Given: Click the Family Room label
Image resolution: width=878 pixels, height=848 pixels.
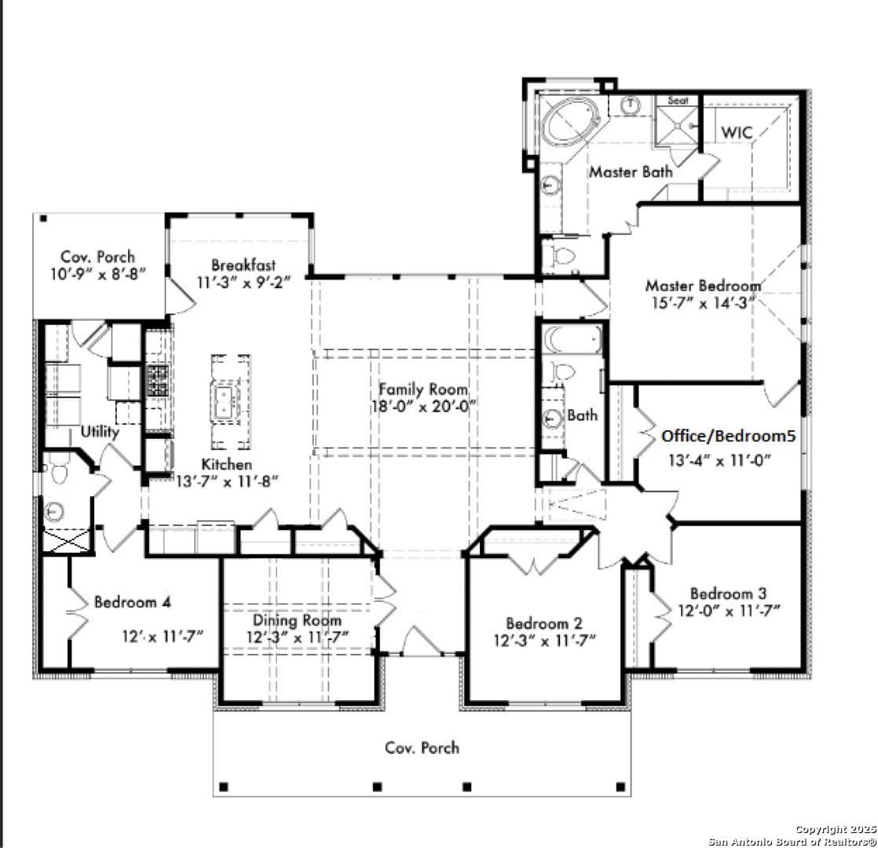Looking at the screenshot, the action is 423,389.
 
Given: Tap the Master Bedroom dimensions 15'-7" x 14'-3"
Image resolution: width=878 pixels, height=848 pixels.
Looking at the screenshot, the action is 704,303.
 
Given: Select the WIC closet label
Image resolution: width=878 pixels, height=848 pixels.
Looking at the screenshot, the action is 737,133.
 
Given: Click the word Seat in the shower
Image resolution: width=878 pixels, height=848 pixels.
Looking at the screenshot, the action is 678,101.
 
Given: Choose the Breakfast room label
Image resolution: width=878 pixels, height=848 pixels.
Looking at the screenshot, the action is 243,265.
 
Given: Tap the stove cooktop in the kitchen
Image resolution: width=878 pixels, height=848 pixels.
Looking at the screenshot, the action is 157,381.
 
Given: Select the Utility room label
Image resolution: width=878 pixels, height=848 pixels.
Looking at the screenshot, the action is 100,432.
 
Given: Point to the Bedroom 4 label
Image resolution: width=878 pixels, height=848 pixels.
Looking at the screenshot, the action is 133,602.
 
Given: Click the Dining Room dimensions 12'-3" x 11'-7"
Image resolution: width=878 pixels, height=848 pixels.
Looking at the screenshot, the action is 298,638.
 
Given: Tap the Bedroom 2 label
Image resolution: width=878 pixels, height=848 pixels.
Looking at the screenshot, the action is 544,623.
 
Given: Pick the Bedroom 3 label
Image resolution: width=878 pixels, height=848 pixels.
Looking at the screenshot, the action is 729,594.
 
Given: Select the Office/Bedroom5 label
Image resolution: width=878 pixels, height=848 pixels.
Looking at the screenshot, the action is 729,436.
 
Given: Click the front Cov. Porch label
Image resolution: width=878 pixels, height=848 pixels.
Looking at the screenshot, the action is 423,747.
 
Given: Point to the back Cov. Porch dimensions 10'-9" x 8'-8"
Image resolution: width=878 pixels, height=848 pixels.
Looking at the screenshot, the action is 98,274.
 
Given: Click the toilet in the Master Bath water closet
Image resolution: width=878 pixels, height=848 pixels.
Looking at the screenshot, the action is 563,256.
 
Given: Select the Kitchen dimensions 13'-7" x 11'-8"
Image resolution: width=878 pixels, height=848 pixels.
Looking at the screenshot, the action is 227,481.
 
